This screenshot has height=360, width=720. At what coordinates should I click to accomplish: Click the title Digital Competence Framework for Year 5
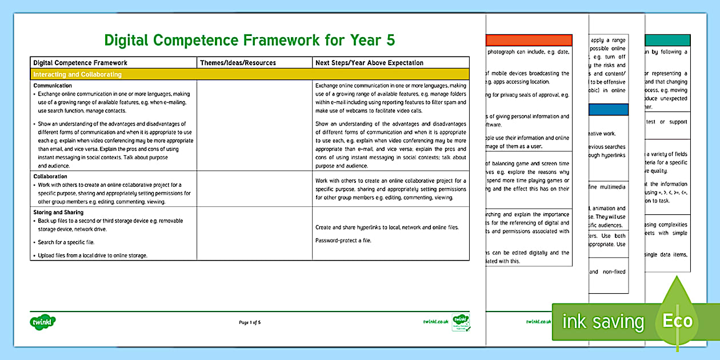point(249,40)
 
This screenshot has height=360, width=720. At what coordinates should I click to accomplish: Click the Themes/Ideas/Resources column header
point(238,63)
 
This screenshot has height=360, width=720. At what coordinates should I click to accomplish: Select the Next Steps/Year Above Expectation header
point(369,63)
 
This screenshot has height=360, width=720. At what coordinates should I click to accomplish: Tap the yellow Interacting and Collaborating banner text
point(77,74)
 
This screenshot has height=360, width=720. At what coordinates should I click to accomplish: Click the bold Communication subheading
point(53,85)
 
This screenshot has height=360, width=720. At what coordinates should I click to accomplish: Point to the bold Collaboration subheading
point(50,177)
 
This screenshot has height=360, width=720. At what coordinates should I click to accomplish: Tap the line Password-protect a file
point(343,240)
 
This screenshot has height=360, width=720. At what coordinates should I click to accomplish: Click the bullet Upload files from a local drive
point(93,255)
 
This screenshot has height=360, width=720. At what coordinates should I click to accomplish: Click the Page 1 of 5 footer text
point(250,322)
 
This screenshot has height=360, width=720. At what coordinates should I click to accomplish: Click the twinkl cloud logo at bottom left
point(42,321)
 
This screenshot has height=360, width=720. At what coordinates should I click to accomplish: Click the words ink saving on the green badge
point(603,322)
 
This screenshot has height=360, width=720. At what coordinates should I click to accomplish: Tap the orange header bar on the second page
point(528,41)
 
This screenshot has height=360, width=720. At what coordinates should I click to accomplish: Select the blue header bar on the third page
point(609,109)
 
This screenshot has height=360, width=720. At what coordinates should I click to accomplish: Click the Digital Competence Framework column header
point(80,63)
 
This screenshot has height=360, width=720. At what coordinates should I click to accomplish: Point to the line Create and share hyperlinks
point(386,227)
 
